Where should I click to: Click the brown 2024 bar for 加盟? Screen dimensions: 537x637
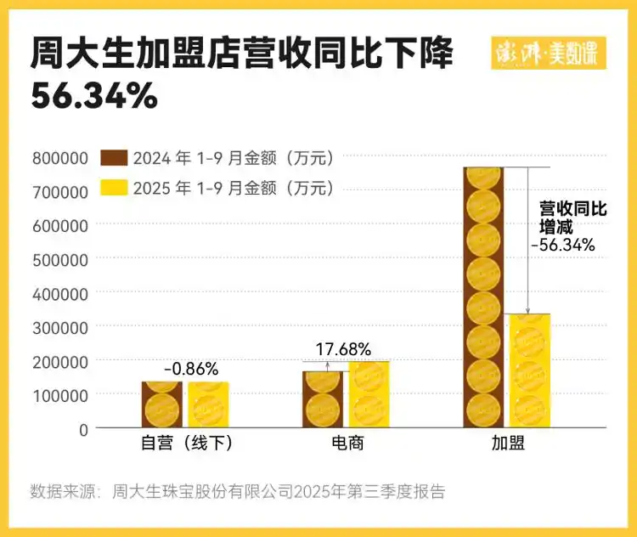click(x=483, y=297)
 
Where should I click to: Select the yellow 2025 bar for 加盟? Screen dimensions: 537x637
click(x=529, y=370)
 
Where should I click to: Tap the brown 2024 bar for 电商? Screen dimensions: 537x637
click(x=322, y=399)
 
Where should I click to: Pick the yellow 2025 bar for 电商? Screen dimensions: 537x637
click(x=369, y=394)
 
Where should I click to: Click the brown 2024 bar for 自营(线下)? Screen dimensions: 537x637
click(x=161, y=404)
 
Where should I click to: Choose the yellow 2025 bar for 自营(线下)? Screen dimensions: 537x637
click(x=208, y=404)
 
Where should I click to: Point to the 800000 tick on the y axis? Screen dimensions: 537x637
click(x=60, y=158)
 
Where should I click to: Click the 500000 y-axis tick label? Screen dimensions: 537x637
click(x=60, y=259)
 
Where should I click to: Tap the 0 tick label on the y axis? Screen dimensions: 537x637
click(x=84, y=429)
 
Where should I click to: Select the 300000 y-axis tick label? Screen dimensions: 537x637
click(x=60, y=327)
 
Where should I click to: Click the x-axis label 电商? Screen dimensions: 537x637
click(x=347, y=444)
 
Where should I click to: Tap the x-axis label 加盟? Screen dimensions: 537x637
click(x=507, y=444)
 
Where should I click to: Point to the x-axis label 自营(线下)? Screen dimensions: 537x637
click(x=186, y=444)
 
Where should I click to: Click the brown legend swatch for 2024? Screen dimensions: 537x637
click(x=114, y=157)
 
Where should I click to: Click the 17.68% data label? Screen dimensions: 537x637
click(x=344, y=349)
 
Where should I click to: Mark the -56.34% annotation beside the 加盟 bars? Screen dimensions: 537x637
click(x=562, y=246)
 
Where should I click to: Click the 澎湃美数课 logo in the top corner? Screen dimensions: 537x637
click(x=549, y=54)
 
